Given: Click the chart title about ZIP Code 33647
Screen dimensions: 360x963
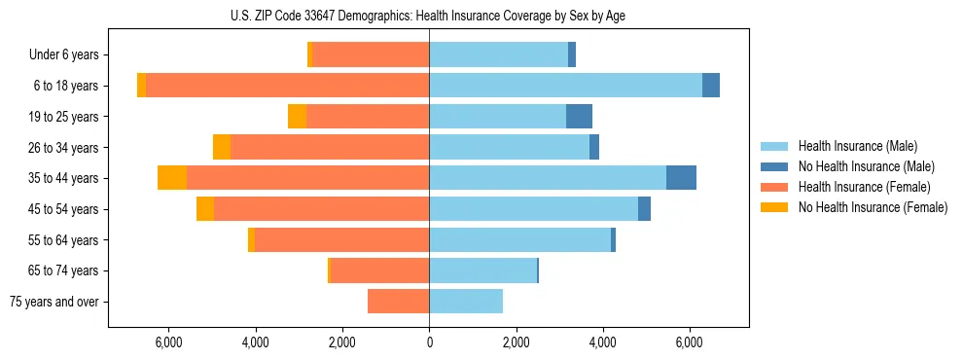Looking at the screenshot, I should tap(429, 16).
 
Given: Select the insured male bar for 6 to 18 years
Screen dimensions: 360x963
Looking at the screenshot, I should tap(565, 86).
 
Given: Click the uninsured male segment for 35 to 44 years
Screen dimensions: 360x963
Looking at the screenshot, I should tap(681, 178).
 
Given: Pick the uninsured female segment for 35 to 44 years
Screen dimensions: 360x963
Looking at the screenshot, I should tap(172, 178).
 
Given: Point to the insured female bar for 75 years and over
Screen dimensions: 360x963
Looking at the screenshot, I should tap(398, 302).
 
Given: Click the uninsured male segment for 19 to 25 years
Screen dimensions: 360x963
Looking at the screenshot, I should tap(579, 117).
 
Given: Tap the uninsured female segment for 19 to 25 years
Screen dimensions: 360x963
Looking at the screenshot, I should tap(297, 117).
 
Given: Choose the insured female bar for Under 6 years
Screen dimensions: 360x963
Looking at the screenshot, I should tap(371, 55).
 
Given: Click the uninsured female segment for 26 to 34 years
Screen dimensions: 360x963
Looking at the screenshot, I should tap(222, 148).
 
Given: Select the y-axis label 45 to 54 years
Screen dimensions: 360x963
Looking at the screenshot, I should tap(65, 209).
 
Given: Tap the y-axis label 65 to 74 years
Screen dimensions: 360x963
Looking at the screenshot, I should tap(65, 270).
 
